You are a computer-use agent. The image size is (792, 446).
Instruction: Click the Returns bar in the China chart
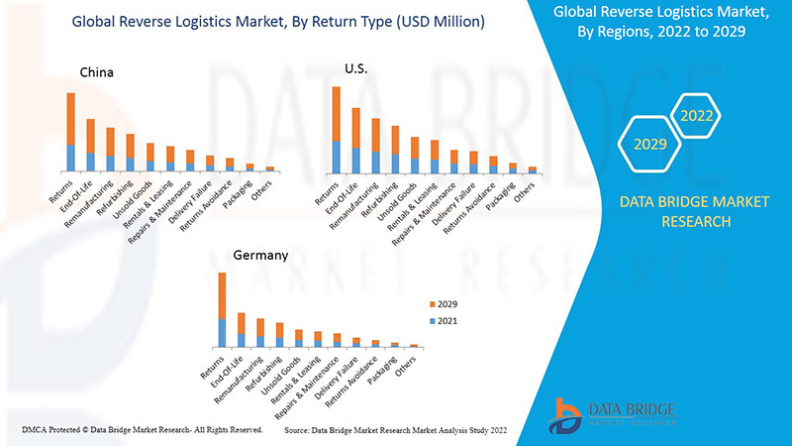pos(70,133)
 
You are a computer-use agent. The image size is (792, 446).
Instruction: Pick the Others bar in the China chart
pos(269,169)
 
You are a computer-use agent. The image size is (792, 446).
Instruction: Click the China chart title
pos(97,72)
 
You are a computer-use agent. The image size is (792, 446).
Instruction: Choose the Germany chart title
pos(260,255)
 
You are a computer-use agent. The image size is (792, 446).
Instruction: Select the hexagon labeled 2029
pos(648,145)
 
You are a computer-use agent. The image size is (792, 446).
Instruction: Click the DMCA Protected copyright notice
pos(142,431)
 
